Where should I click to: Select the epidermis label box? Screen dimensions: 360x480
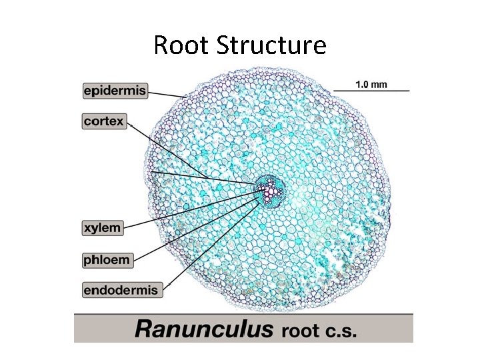tap(115, 89)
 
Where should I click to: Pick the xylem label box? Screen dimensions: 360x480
tap(103, 228)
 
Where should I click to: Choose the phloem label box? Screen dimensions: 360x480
tap(107, 259)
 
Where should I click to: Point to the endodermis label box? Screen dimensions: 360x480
tap(121, 290)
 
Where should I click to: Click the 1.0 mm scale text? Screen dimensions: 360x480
tap(371, 84)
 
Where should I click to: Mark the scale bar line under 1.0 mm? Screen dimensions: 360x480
tap(371, 91)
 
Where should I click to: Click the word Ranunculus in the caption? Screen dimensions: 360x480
tap(204, 329)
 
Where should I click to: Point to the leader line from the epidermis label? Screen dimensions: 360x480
tap(167, 94)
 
